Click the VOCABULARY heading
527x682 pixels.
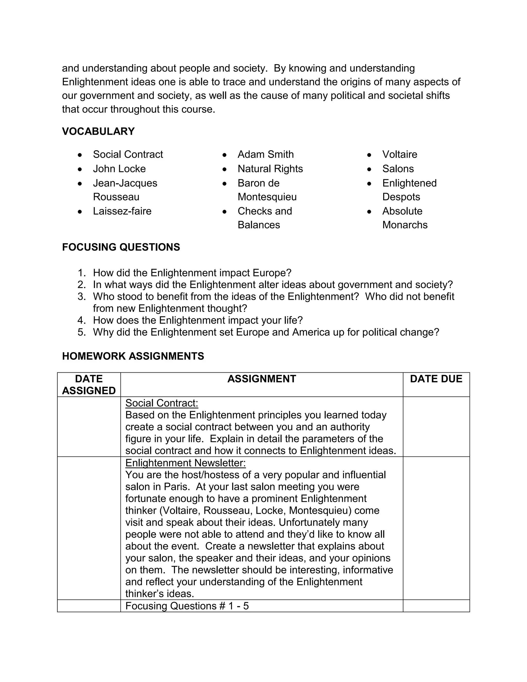pos(98,132)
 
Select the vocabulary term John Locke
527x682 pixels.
pos(119,169)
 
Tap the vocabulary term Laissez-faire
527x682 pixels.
pos(122,211)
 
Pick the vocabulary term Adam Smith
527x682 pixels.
pos(265,154)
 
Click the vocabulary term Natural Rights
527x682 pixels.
pos(270,169)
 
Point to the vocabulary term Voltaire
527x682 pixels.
pos(400,154)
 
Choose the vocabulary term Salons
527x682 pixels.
pos(398,169)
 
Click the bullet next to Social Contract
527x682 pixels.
pos(80,155)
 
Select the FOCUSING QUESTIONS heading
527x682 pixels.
pos(121,247)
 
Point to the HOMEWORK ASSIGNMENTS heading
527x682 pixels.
pos(133,356)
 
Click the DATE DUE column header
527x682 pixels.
pos(436,379)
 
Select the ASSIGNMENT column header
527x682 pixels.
pos(262,379)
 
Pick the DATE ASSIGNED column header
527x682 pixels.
pos(89,385)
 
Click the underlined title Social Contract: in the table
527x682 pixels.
pos(161,403)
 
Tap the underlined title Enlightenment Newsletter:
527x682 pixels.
pos(186,463)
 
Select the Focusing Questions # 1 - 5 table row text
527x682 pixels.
pos(187,606)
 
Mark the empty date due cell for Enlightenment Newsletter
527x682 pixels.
pos(436,528)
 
